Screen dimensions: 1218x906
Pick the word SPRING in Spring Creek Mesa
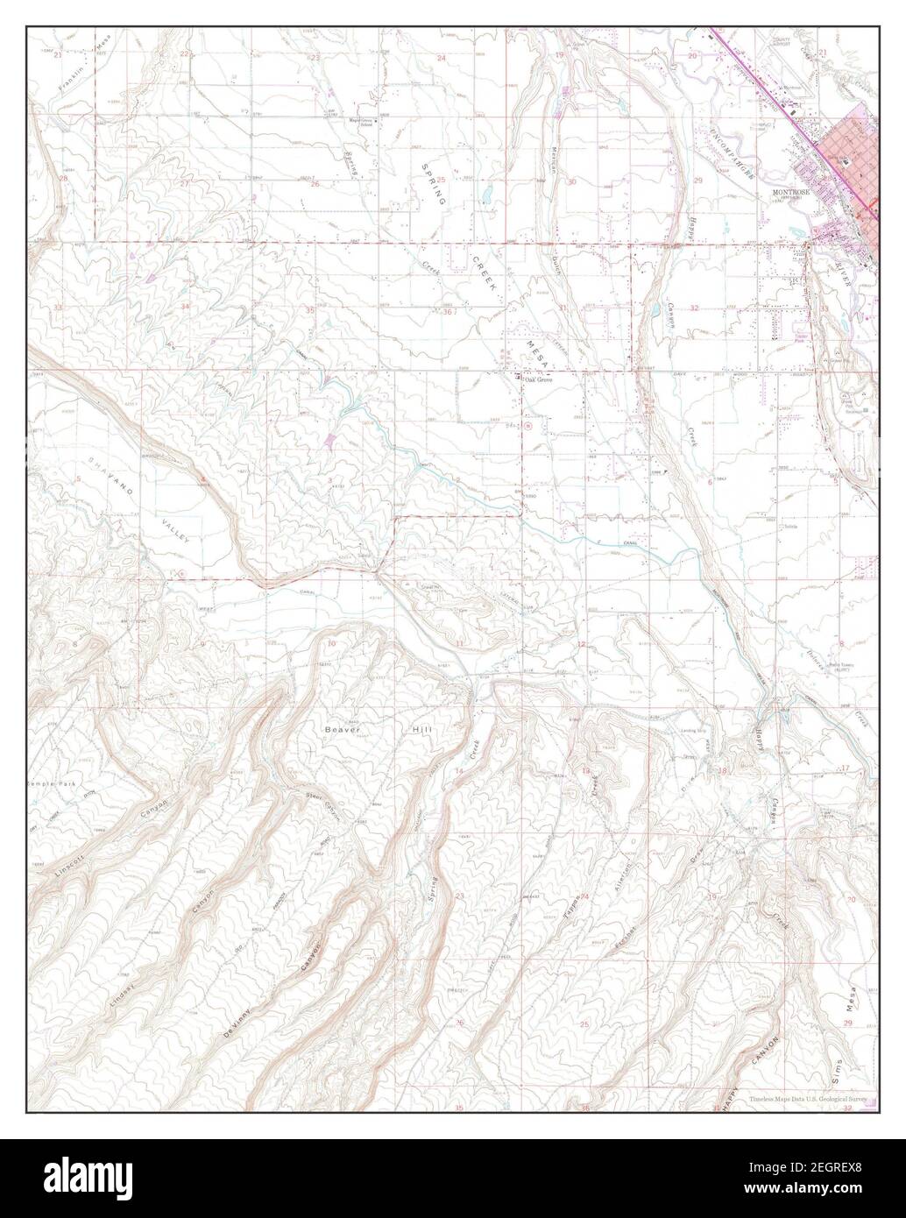coord(435,184)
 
